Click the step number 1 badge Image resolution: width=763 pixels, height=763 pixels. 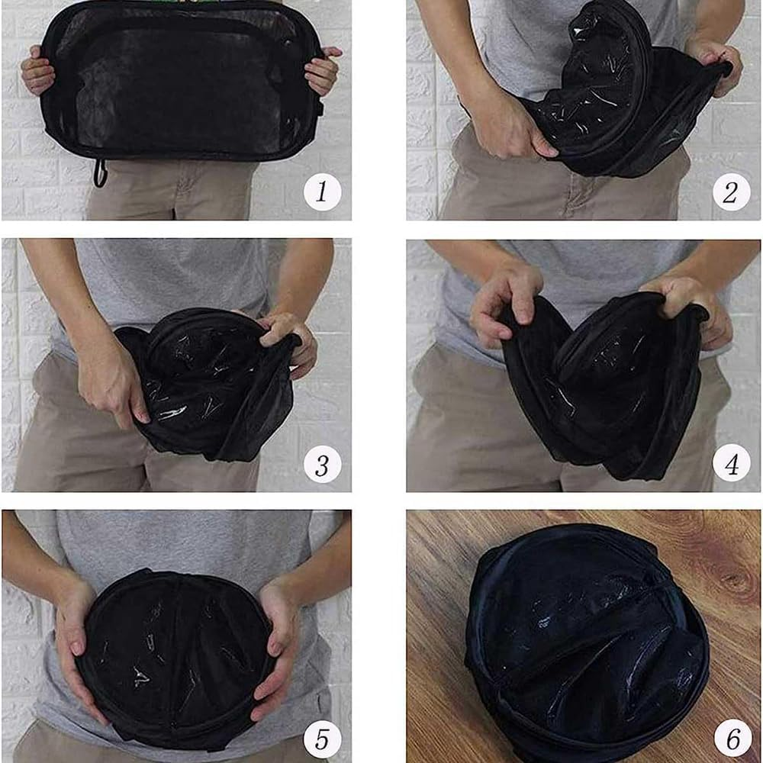tap(322, 192)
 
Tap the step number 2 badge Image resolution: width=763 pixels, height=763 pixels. tap(731, 192)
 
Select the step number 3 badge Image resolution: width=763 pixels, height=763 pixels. tap(322, 464)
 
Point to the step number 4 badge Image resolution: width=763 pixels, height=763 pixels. tap(731, 463)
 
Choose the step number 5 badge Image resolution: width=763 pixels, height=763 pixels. tap(322, 739)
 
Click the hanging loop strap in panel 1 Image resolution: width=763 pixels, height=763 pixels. tap(100, 172)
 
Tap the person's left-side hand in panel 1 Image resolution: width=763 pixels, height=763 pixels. tap(37, 69)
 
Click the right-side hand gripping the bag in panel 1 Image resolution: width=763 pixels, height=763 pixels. tap(322, 70)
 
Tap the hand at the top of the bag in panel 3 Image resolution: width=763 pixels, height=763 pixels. tap(288, 340)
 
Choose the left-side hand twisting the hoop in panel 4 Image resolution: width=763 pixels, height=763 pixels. tap(506, 301)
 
